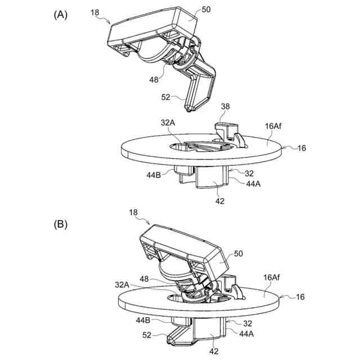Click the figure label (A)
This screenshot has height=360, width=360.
(60, 16)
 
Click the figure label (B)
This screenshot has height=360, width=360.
(60, 224)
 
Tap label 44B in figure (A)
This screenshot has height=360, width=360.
(155, 174)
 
